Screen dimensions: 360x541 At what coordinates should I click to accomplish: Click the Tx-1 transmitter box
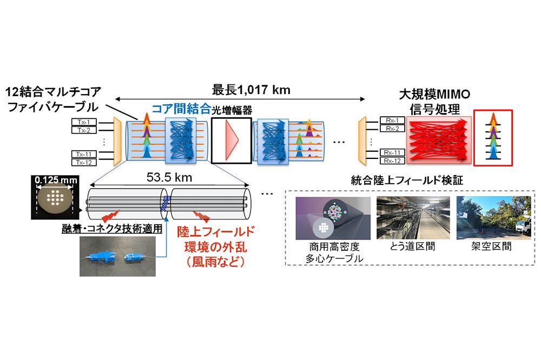(x=84, y=122)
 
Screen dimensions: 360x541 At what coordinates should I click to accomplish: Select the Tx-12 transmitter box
(x=84, y=162)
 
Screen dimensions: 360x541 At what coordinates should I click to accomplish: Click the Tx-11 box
(x=84, y=154)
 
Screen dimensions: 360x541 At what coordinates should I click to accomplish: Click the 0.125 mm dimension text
(x=54, y=180)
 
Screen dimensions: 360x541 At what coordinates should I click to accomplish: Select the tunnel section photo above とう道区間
(x=412, y=219)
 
